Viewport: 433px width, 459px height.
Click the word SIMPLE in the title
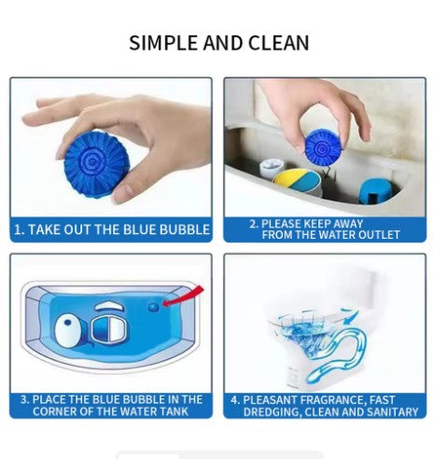coord(163,43)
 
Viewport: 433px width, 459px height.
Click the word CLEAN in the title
coord(278,43)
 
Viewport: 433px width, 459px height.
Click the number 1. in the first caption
coord(19,229)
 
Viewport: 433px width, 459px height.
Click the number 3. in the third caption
coord(23,398)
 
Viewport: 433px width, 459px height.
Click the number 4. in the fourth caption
coord(235,398)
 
